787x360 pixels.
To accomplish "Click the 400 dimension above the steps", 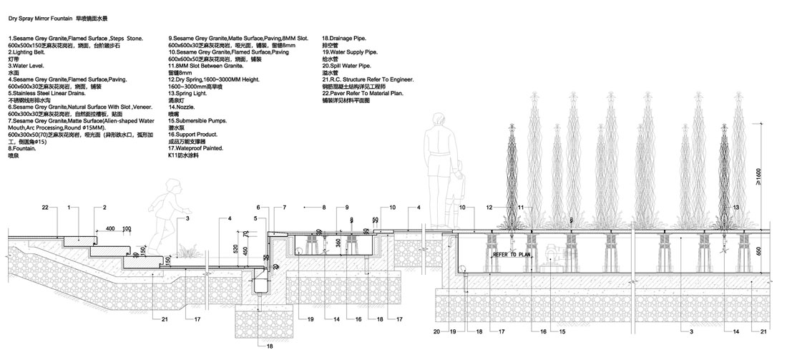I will pos(111,229).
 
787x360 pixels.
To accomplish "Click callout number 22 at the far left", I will pos(44,208).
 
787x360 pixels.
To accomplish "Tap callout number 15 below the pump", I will pos(562,331).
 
